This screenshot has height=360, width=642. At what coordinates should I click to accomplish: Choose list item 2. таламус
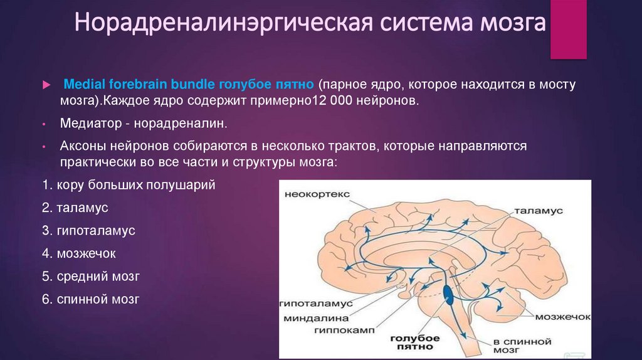coord(76,208)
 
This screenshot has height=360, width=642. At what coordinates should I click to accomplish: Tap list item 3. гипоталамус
coord(89,230)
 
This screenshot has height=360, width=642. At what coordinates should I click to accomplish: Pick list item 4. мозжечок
coord(80,253)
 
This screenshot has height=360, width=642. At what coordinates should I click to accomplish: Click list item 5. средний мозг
coord(91,276)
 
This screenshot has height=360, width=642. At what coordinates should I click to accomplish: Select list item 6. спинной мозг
coord(91,299)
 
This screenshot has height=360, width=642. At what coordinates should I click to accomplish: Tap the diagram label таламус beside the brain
coord(540,211)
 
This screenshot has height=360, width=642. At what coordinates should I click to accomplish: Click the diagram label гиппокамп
coord(325,329)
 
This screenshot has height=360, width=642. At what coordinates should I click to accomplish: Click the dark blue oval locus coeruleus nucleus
coord(449,294)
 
